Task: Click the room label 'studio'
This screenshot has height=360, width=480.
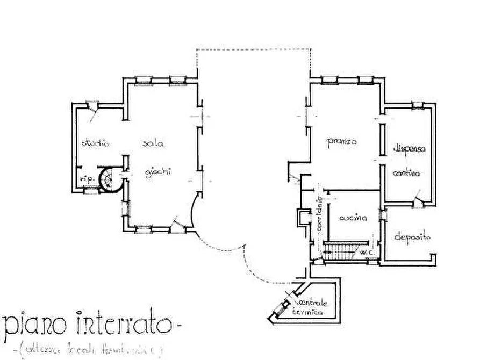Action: coord(95,143)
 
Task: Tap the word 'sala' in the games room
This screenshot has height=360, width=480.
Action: coord(153,143)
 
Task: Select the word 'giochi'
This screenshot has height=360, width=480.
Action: coord(160,172)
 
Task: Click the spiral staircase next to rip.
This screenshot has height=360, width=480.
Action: coord(112,178)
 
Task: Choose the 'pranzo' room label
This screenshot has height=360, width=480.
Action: coord(342,142)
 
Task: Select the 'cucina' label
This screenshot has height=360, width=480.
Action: coord(353,219)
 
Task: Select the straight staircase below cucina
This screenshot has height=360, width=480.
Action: coord(341,250)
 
